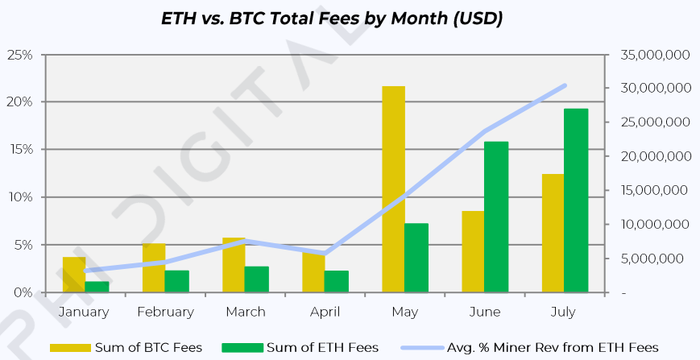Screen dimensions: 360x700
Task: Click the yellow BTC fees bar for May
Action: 393,188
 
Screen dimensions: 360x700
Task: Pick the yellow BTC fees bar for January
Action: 74,275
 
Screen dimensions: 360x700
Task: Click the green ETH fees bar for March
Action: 256,279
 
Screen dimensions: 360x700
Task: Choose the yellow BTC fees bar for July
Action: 553,233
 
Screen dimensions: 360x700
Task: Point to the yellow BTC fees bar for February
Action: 154,267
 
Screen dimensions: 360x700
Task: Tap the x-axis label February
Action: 165,312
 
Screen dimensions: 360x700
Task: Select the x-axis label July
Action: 565,312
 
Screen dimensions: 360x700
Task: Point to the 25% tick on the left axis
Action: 19,55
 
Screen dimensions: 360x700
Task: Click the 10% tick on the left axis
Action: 19,197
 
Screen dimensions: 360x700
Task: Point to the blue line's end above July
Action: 565,85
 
